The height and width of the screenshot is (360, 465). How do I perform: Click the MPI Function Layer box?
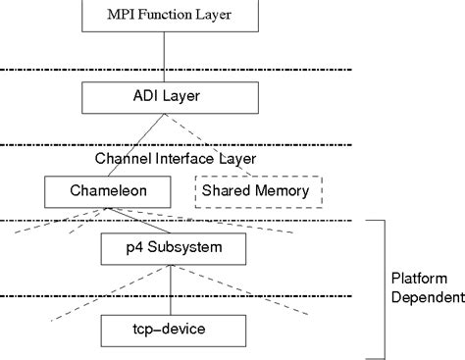pyautogui.click(x=169, y=16)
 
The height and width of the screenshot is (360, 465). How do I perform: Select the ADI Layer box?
pyautogui.click(x=169, y=96)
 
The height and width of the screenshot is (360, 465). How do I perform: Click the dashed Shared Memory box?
pyautogui.click(x=259, y=190)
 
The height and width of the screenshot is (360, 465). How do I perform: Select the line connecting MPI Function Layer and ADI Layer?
pyautogui.click(x=169, y=55)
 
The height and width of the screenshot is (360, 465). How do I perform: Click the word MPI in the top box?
pyautogui.click(x=122, y=16)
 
